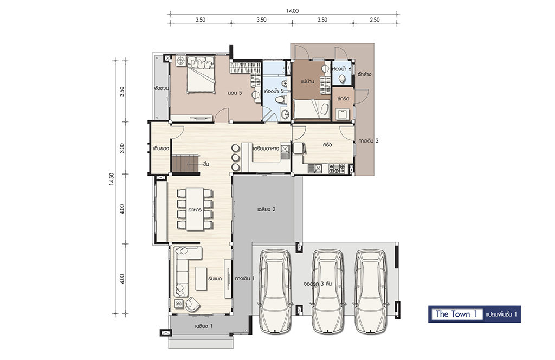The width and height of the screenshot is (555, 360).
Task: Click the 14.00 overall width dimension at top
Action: [292, 11]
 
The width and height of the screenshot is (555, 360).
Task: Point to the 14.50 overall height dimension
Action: [112, 179]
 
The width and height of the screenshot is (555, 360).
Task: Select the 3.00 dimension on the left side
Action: [122, 148]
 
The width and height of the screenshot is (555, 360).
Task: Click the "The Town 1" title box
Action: [456, 314]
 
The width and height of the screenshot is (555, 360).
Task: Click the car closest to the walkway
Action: [275, 292]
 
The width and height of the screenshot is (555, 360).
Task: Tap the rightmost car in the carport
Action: [371, 292]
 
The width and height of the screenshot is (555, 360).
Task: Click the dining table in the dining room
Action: [195, 209]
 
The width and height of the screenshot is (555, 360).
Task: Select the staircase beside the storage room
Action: [186, 164]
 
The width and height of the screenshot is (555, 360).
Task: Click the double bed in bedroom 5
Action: [201, 75]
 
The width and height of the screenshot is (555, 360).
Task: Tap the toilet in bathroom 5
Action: [281, 100]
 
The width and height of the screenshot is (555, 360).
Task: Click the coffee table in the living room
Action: [201, 279]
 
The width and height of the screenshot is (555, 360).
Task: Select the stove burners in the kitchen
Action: [337, 169]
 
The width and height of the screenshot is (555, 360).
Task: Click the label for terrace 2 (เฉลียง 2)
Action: [266, 209]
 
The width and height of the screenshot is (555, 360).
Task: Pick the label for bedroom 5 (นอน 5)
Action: [235, 93]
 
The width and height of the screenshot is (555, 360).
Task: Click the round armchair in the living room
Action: [192, 303]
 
